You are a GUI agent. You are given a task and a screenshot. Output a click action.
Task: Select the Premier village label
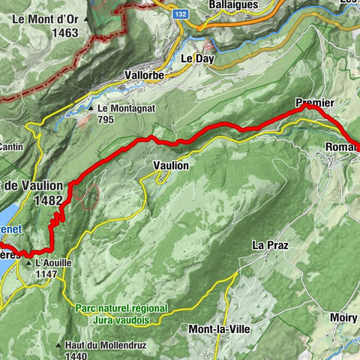point(314,101)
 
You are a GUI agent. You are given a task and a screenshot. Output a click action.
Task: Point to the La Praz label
point(270,245)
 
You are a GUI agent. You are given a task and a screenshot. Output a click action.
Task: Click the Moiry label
point(343,318)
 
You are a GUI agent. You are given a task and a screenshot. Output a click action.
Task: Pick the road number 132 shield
point(181,14)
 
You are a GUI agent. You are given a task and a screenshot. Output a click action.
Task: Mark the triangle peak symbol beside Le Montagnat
point(91,109)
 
